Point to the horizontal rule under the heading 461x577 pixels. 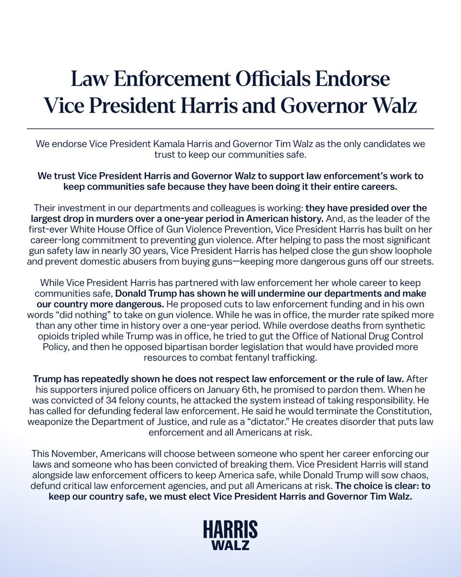coord(230,129)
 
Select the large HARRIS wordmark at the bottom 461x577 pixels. coord(230,529)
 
